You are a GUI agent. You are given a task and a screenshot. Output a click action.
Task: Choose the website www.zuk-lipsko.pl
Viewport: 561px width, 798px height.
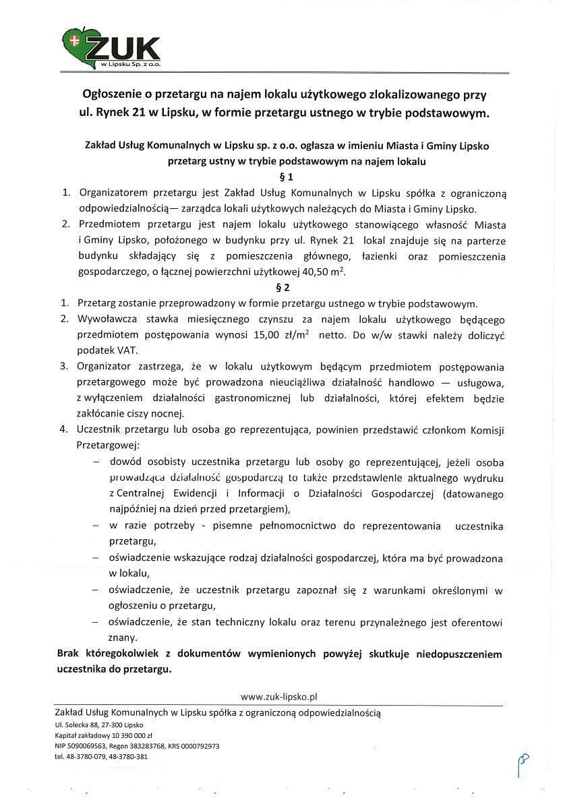[279, 696]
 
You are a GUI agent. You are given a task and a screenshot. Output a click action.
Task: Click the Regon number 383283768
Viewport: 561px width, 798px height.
[146, 746]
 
